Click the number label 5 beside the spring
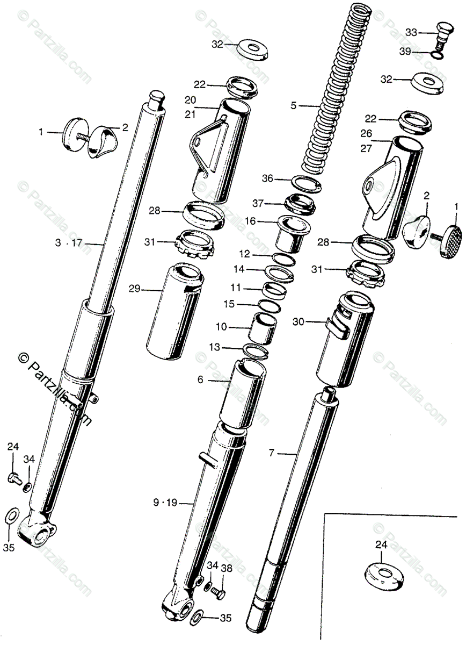click(x=294, y=106)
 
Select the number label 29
click(x=134, y=289)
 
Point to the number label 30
click(x=299, y=321)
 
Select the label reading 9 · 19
click(x=164, y=504)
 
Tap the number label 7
click(x=272, y=454)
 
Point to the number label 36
click(x=267, y=178)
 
